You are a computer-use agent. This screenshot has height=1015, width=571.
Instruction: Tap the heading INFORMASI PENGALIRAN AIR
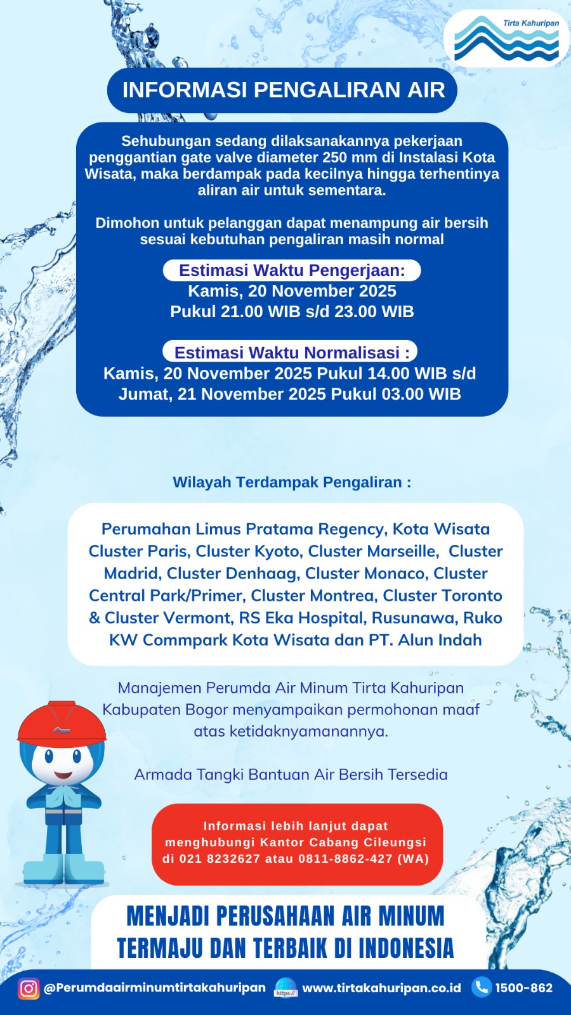pyautogui.click(x=283, y=90)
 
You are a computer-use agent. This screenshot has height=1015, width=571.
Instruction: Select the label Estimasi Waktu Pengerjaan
pyautogui.click(x=292, y=270)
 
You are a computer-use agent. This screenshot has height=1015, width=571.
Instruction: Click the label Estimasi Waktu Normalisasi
pyautogui.click(x=291, y=352)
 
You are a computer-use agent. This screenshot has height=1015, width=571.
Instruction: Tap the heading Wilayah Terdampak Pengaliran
pyautogui.click(x=292, y=482)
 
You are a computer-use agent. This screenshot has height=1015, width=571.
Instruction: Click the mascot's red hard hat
pyautogui.click(x=62, y=723)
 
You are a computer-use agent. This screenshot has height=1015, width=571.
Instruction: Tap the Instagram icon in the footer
pyautogui.click(x=28, y=988)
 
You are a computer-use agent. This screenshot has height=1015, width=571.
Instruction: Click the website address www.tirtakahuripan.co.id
pyautogui.click(x=381, y=988)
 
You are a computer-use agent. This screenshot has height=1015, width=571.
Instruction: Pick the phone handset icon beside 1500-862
pyautogui.click(x=482, y=987)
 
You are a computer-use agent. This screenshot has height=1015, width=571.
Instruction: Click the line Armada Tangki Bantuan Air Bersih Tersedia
pyautogui.click(x=291, y=775)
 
